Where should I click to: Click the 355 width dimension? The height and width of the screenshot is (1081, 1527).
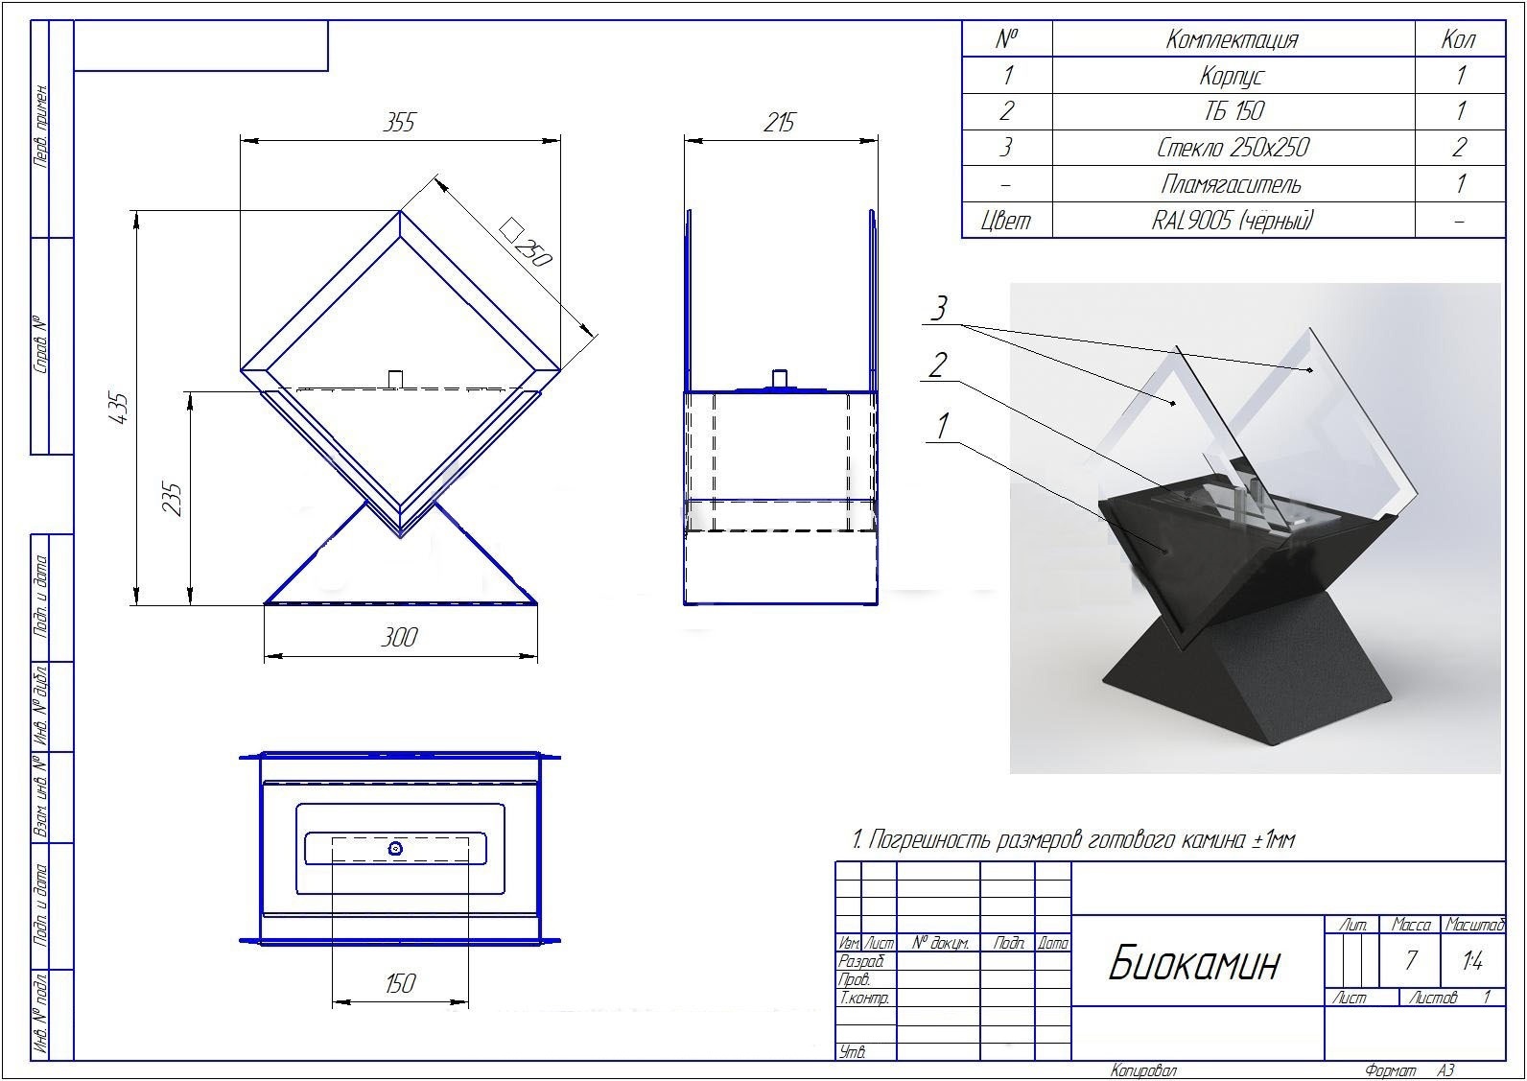click(x=399, y=122)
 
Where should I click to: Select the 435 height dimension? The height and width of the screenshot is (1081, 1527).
click(x=119, y=409)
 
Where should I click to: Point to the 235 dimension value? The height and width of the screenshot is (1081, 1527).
click(x=173, y=499)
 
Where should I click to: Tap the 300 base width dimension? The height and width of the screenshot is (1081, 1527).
click(x=399, y=637)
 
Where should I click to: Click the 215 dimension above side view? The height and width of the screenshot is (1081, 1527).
click(x=779, y=122)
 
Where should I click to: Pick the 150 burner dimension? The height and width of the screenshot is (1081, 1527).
click(x=400, y=983)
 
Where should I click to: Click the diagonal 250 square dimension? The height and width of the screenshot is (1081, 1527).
click(x=526, y=243)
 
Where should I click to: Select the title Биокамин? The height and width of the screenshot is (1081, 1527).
click(x=1193, y=964)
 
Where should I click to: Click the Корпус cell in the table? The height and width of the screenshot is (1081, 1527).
click(x=1232, y=76)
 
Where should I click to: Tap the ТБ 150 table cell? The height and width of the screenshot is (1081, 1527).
click(x=1233, y=111)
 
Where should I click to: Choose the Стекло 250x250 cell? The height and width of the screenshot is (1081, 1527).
click(x=1233, y=147)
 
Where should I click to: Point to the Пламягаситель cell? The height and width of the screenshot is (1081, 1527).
click(x=1232, y=184)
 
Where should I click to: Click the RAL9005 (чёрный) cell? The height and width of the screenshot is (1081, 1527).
click(x=1232, y=221)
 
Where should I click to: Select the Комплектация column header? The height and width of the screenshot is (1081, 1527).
click(x=1232, y=39)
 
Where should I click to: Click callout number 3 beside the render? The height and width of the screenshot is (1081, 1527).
click(x=939, y=308)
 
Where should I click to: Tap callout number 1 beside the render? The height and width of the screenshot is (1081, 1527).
click(x=942, y=427)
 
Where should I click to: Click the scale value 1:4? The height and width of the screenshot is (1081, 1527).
click(x=1472, y=961)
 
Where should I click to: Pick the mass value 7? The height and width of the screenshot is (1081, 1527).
click(x=1410, y=960)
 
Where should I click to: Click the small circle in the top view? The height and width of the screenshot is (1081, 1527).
click(x=395, y=849)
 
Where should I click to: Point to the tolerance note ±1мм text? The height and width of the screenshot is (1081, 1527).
click(x=1274, y=840)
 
